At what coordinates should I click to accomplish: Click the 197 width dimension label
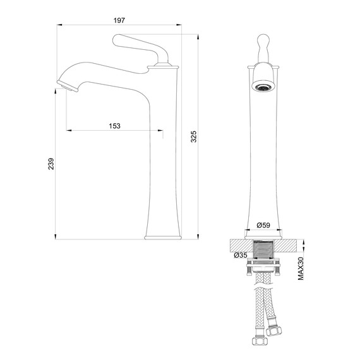click(x=120, y=20)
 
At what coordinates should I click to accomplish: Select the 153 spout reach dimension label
click(x=115, y=126)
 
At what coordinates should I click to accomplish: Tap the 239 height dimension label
click(x=51, y=163)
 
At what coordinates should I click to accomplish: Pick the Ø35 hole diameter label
click(x=239, y=255)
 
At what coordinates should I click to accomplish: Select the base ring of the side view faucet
click(x=164, y=237)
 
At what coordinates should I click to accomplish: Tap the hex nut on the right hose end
click(x=275, y=329)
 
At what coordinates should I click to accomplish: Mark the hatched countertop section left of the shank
click(x=239, y=244)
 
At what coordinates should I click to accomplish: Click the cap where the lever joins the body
click(x=161, y=65)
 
